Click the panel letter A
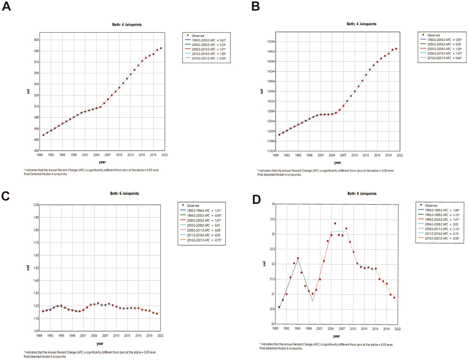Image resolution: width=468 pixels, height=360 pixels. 6,6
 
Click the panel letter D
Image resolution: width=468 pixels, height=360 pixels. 256,199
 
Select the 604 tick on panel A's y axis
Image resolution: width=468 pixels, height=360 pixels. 36,40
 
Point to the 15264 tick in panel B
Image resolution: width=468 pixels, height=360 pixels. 270,42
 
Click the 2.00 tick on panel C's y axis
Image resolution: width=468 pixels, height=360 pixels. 36,205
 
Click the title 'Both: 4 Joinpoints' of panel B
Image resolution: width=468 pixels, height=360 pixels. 361,24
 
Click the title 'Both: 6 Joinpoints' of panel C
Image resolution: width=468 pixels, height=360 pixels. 124,193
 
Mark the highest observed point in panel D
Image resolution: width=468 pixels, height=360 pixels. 335,224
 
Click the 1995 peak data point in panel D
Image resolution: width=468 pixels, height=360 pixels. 298,258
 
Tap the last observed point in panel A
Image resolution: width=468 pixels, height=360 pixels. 161,48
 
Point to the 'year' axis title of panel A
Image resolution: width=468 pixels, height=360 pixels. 102,162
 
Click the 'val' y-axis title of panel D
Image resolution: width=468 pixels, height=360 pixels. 264,264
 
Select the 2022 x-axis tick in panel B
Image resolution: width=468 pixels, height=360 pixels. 399,155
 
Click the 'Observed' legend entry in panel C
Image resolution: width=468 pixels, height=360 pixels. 192,206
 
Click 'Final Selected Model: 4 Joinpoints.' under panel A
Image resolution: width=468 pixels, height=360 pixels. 45,174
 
